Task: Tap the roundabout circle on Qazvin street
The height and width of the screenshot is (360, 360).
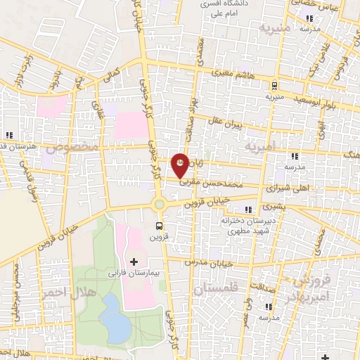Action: pos(160,205)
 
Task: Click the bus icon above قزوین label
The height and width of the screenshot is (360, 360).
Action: pos(160,226)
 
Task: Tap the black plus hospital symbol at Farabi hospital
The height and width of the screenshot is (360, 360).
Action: pos(134,262)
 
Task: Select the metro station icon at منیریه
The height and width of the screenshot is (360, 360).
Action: pos(274,86)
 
